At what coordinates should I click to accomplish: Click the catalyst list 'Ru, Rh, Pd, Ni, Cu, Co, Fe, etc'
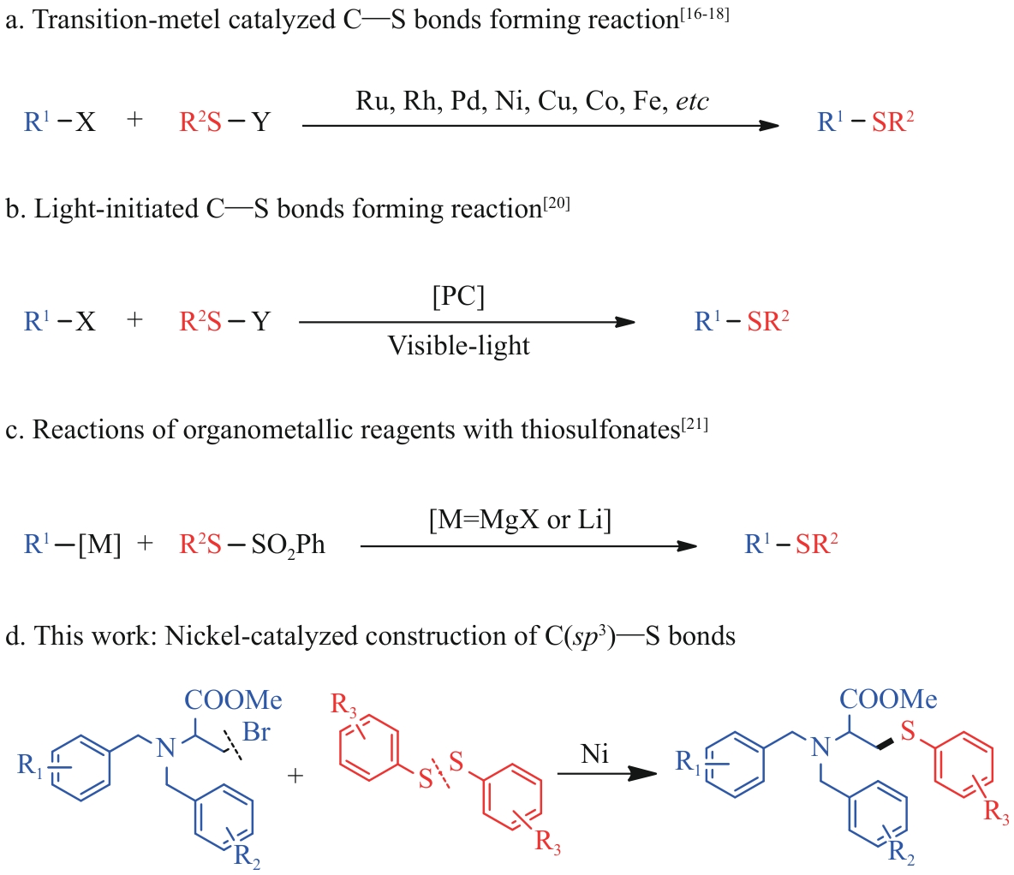coord(532,102)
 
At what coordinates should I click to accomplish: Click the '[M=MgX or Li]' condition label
coord(520,520)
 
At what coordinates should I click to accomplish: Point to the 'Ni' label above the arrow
coord(594,753)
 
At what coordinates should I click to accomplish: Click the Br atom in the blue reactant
coord(256,732)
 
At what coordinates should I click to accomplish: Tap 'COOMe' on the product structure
coord(888,699)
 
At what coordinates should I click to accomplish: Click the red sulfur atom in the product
coord(908,732)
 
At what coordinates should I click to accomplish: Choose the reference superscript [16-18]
coord(704,13)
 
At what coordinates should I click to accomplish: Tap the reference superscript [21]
coord(695,422)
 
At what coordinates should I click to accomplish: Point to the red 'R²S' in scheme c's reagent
coord(200,545)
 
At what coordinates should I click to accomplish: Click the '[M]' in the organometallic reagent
coord(98,545)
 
